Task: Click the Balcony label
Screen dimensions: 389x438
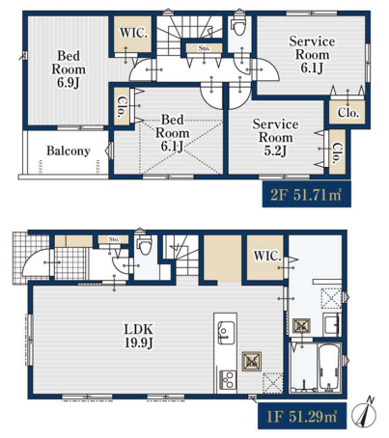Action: pyautogui.click(x=69, y=151)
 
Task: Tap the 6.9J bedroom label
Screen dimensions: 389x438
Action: pyautogui.click(x=69, y=69)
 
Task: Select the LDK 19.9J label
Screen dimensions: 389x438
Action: pyautogui.click(x=139, y=336)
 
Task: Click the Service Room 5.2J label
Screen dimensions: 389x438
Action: pyautogui.click(x=275, y=137)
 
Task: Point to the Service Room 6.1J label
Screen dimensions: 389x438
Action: pyautogui.click(x=312, y=54)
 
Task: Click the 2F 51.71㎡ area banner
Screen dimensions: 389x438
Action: pyautogui.click(x=306, y=194)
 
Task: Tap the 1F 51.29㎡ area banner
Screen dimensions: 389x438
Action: pyautogui.click(x=302, y=416)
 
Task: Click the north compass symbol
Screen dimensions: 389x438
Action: pyautogui.click(x=364, y=413)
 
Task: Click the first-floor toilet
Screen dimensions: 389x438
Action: pyautogui.click(x=144, y=245)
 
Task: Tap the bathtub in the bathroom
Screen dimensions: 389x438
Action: pyautogui.click(x=329, y=368)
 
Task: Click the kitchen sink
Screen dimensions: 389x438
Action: pyautogui.click(x=226, y=332)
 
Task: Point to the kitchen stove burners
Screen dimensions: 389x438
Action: pyautogui.click(x=227, y=380)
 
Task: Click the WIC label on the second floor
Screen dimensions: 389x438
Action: pyautogui.click(x=133, y=33)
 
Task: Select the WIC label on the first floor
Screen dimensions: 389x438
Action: pyautogui.click(x=267, y=256)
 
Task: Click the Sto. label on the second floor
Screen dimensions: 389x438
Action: pyautogui.click(x=205, y=48)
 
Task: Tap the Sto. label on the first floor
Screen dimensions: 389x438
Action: pyautogui.click(x=114, y=239)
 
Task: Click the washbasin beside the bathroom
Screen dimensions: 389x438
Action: pyautogui.click(x=332, y=324)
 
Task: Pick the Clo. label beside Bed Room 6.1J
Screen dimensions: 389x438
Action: pyautogui.click(x=122, y=106)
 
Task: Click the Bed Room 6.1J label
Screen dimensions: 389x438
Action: pyautogui.click(x=173, y=133)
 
